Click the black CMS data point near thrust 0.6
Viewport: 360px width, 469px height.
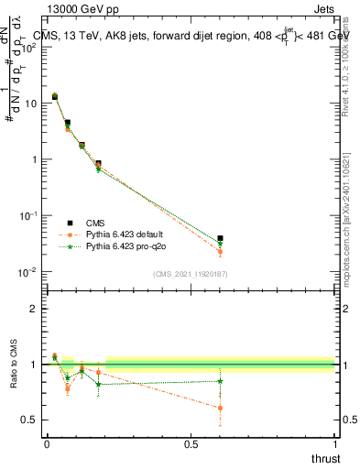220,238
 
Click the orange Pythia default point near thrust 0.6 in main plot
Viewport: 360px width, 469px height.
220,252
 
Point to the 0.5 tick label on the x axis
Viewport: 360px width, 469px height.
191,443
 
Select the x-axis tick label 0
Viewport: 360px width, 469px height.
47,443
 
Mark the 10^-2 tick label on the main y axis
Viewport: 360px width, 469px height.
28,272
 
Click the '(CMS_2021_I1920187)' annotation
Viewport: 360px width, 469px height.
190,274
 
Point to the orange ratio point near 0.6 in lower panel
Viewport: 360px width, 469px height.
220,408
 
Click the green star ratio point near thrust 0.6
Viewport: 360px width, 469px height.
220,381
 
